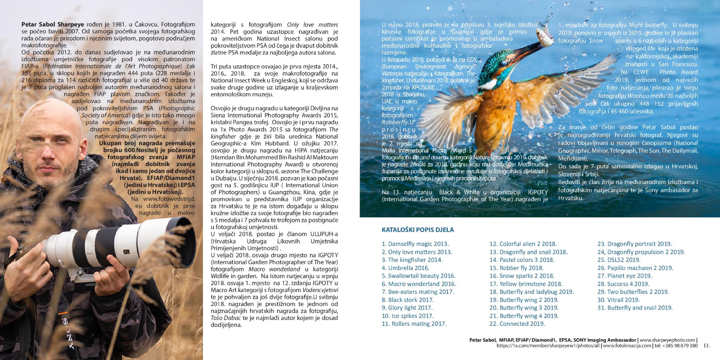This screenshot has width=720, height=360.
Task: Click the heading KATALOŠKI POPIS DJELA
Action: click(418, 230)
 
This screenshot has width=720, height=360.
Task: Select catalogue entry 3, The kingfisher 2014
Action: click(412, 260)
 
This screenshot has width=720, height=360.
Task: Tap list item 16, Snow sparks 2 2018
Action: click(522, 276)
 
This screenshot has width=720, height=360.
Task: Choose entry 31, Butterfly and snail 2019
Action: click(634, 308)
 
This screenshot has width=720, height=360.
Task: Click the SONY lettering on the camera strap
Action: click(67, 333)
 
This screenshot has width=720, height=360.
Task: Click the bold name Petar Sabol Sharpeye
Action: click(53, 24)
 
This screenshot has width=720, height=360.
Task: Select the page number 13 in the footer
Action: click(706, 346)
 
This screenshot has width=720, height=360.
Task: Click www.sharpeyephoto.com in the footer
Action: click(667, 340)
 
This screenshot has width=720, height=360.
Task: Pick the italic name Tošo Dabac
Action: click(226, 318)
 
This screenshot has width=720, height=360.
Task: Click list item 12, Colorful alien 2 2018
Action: click(523, 244)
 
